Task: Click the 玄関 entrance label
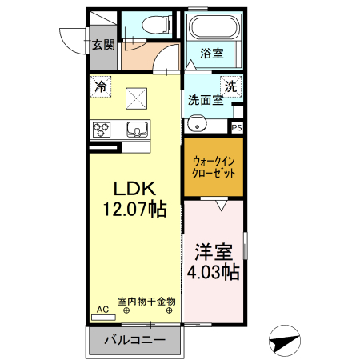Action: (x=102, y=44)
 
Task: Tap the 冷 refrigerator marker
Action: (x=100, y=84)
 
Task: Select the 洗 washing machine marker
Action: (x=230, y=86)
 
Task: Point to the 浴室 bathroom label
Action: (x=211, y=54)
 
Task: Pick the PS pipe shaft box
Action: (x=237, y=126)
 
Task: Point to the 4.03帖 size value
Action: (x=213, y=272)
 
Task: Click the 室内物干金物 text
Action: (x=147, y=301)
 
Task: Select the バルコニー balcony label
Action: (x=135, y=340)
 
